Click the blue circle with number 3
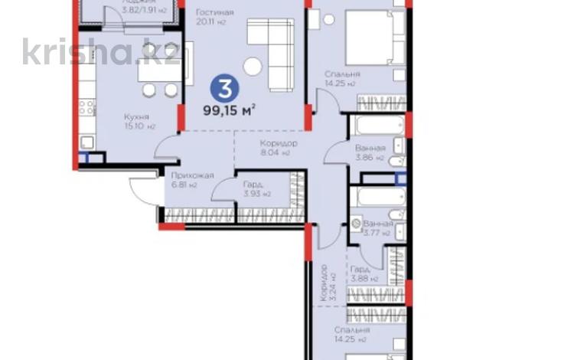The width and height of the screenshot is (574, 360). pos(224,88)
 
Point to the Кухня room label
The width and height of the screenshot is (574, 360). pos(137,117)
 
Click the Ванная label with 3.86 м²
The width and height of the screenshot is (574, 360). pos(370,150)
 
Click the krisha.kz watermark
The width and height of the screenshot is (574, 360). pos(102,52)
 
